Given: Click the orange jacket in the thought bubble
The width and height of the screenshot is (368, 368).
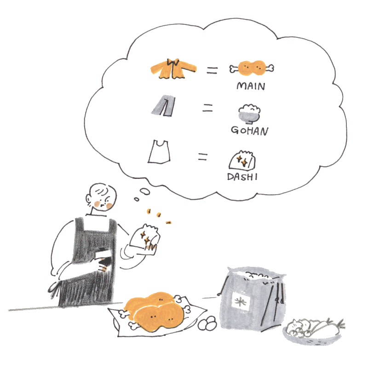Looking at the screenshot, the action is [173, 69].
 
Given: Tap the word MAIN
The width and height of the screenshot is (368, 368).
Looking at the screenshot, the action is [251, 86].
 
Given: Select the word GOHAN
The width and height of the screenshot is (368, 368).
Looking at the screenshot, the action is [249, 131].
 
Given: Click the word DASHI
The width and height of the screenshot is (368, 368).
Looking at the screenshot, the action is [242, 177].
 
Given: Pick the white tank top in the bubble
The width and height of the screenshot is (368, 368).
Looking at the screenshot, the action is [159, 152].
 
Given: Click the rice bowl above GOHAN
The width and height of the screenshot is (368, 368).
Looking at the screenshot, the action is [249, 114].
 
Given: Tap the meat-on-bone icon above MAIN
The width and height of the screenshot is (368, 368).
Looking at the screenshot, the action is [252, 68].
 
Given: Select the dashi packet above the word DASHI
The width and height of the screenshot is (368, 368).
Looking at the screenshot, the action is [242, 160].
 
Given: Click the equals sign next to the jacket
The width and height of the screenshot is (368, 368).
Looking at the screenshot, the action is [212, 70].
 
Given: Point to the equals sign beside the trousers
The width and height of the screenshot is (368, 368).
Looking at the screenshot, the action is [208, 108].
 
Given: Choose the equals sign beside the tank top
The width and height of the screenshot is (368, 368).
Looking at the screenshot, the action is [203, 156].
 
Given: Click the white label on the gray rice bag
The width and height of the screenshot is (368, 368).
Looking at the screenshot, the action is [241, 301].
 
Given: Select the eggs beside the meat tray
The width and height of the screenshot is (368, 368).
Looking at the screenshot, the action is [207, 323].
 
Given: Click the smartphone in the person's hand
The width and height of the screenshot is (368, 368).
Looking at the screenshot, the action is [103, 258].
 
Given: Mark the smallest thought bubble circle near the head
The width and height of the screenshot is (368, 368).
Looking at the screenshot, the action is [137, 199].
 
